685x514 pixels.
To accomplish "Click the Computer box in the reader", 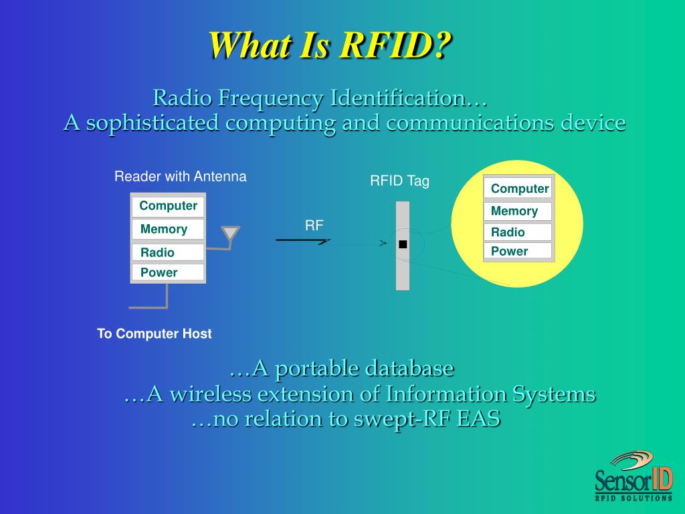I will pos(168,206).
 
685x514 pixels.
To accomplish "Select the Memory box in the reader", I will pos(168,229).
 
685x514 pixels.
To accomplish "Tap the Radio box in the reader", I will pos(168,252).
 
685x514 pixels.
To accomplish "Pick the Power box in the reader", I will pos(168,272).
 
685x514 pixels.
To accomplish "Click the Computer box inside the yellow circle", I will pos(518,189).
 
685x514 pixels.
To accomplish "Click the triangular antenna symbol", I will pos(230,234).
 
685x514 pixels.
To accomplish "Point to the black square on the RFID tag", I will pos(402,244).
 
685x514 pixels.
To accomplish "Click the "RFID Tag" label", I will pos(399,181).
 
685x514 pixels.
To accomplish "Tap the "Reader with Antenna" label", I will pos(180,177).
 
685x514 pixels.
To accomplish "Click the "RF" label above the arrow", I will pos(314,226).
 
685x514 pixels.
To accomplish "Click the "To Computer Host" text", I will pos(154,333).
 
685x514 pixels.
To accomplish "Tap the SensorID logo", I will pos(633,476).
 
